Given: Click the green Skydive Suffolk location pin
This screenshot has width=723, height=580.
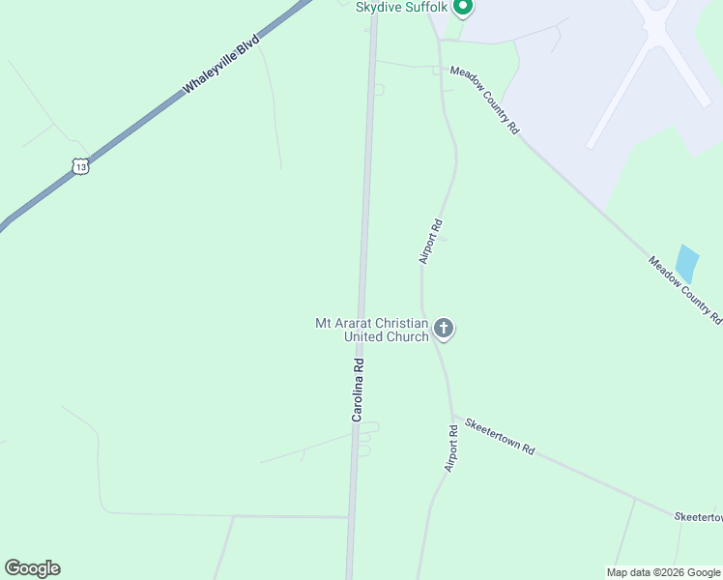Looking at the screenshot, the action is [x=463, y=9].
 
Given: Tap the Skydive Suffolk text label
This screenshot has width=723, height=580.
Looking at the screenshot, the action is [x=403, y=8].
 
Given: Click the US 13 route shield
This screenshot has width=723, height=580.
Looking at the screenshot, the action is [x=80, y=166].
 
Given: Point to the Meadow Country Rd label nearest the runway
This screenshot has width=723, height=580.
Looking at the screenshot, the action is [x=485, y=101].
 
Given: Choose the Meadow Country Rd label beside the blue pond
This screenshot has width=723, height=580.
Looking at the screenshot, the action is [x=684, y=289].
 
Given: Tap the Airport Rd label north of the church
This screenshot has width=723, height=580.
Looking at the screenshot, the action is [x=431, y=242].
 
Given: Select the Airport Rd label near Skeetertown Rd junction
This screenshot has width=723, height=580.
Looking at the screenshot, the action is [x=450, y=449].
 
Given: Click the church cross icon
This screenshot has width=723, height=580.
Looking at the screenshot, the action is [x=444, y=330].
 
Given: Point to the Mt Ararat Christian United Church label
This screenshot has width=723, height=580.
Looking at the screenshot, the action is [x=372, y=330].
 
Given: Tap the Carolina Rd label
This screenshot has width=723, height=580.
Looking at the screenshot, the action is [x=358, y=390].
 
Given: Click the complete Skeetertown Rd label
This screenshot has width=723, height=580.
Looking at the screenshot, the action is [x=500, y=437].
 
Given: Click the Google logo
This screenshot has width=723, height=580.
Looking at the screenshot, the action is [x=32, y=568].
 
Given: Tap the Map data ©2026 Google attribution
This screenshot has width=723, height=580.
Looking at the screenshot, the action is [x=663, y=572].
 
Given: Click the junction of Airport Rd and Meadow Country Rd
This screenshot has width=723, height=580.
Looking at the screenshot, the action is [x=441, y=69].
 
